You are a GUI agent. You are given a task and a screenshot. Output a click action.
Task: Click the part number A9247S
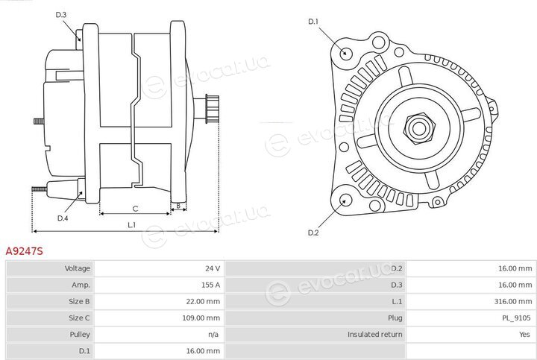[x=25, y=251]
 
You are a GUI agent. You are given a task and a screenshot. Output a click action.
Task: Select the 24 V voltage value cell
[x=213, y=268]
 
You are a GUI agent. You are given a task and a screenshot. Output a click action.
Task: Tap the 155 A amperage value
[x=210, y=285]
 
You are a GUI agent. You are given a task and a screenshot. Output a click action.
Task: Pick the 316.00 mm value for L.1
[x=515, y=301]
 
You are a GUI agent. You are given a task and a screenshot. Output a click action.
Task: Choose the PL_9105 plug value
[x=516, y=318]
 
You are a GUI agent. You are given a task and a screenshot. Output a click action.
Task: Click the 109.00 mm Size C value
[x=201, y=318]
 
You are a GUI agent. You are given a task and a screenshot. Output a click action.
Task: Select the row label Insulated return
[x=374, y=335]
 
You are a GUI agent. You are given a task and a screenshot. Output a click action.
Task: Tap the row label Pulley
[x=80, y=335]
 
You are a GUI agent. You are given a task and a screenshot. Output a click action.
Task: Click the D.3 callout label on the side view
[x=60, y=15]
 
